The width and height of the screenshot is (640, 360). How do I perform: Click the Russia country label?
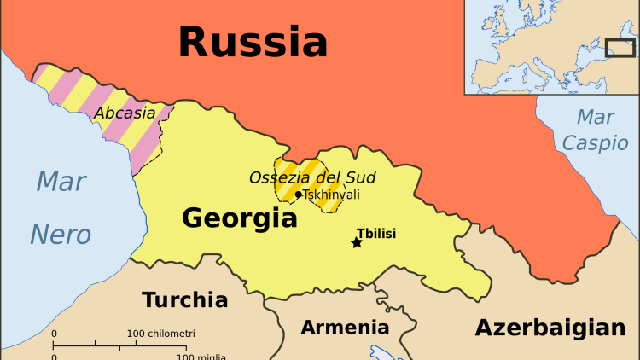pyautogui.click(x=253, y=40)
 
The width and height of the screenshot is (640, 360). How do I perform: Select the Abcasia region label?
pyautogui.click(x=125, y=113)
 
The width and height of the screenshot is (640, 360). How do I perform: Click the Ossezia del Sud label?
pyautogui.click(x=312, y=177)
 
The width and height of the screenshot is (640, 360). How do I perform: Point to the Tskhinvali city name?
pyautogui.click(x=331, y=195)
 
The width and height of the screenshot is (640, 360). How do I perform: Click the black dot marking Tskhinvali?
pyautogui.click(x=298, y=195)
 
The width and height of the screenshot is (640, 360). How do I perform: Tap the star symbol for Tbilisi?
pyautogui.click(x=357, y=243)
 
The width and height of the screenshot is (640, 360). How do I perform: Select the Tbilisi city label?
pyautogui.click(x=376, y=233)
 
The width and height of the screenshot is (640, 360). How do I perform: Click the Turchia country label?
pyautogui.click(x=184, y=299)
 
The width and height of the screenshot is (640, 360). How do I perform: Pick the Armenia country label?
pyautogui.click(x=345, y=327)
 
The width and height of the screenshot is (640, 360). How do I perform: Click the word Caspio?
pyautogui.click(x=595, y=142)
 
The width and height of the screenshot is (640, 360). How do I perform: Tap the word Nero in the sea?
pyautogui.click(x=61, y=234)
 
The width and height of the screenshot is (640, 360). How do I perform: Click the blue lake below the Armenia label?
pyautogui.click(x=379, y=351)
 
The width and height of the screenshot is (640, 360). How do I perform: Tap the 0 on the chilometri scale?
pyautogui.click(x=54, y=333)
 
